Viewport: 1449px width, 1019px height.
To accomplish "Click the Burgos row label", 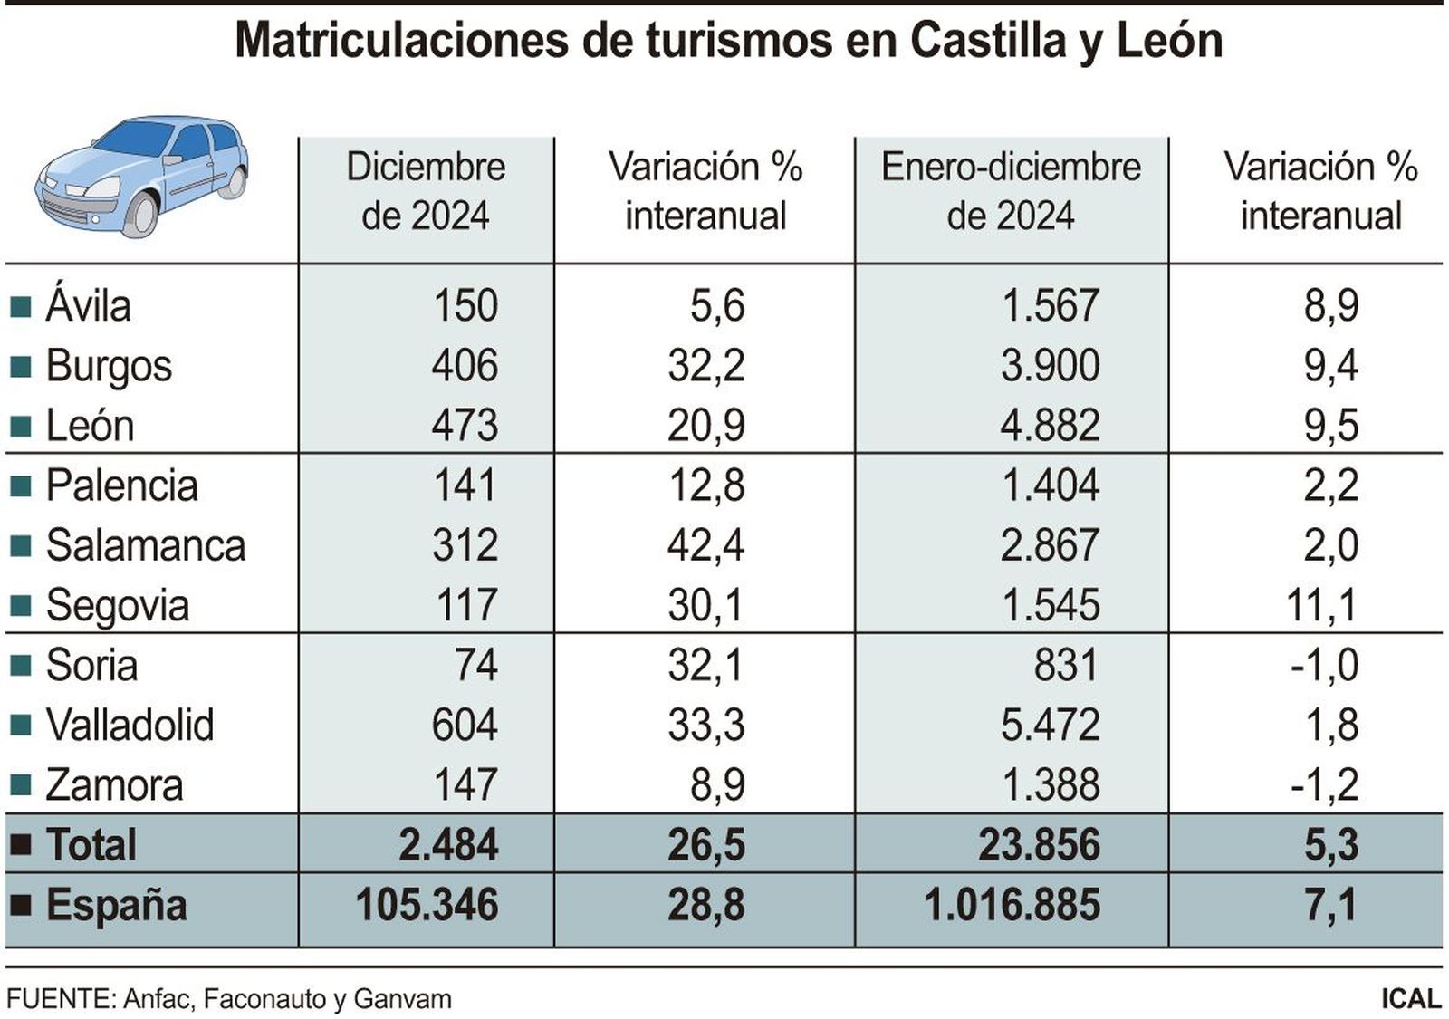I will [x=108, y=367].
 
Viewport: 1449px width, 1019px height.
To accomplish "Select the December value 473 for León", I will [x=464, y=426].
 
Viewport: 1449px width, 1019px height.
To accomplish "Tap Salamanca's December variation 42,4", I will [x=705, y=545].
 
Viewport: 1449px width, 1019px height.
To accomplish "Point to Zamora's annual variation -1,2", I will [x=1324, y=785].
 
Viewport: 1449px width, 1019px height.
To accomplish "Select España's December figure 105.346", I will [x=427, y=905].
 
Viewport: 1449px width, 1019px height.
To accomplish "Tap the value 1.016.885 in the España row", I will [x=1012, y=905].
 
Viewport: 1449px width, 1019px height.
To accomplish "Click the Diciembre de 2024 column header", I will [x=425, y=191].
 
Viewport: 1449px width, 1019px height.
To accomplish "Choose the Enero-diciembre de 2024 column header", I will [x=1011, y=191].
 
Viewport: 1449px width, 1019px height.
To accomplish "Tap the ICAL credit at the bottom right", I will [x=1410, y=999].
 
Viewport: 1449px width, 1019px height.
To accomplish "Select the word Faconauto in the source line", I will [x=264, y=999].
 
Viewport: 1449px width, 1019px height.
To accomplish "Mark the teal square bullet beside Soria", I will [x=20, y=667].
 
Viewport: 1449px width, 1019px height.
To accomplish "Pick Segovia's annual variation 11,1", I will [x=1321, y=605].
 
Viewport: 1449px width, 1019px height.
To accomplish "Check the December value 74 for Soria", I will [x=475, y=666].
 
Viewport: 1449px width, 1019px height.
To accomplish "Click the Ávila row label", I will [x=88, y=306].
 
